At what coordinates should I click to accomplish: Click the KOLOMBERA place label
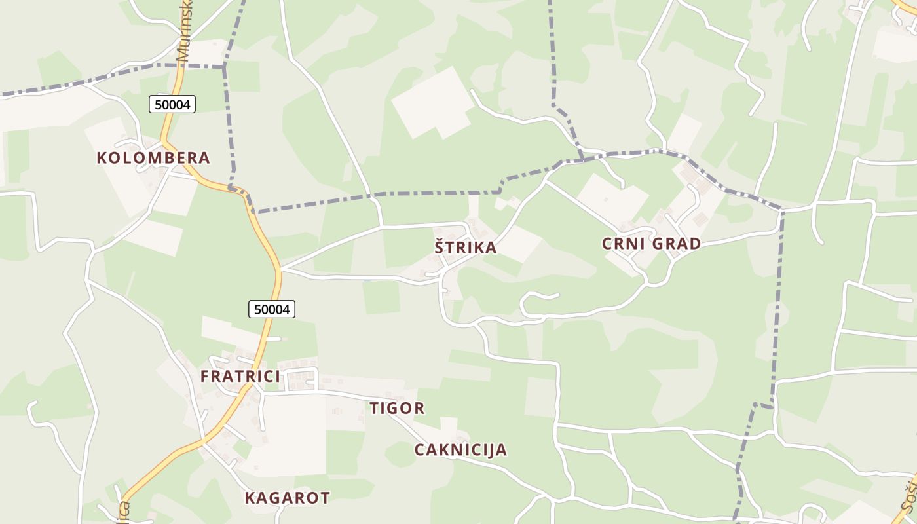[x=153, y=158]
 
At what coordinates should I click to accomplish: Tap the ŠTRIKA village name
[x=466, y=248]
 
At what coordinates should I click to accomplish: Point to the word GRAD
[x=677, y=244]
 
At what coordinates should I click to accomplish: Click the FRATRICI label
[x=240, y=376]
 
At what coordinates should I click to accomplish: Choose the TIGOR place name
[x=397, y=408]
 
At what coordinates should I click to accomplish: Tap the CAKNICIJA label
[x=460, y=449]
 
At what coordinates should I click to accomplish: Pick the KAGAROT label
[x=287, y=497]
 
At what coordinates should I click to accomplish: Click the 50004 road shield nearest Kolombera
[x=172, y=103]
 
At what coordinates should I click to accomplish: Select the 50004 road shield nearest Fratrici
[x=272, y=309]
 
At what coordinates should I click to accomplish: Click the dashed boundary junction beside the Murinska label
[x=224, y=66]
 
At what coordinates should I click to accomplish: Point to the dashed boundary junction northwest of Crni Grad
[x=582, y=157]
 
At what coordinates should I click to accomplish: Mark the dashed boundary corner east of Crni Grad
[x=781, y=210]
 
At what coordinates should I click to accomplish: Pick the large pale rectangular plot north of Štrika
[x=432, y=103]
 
